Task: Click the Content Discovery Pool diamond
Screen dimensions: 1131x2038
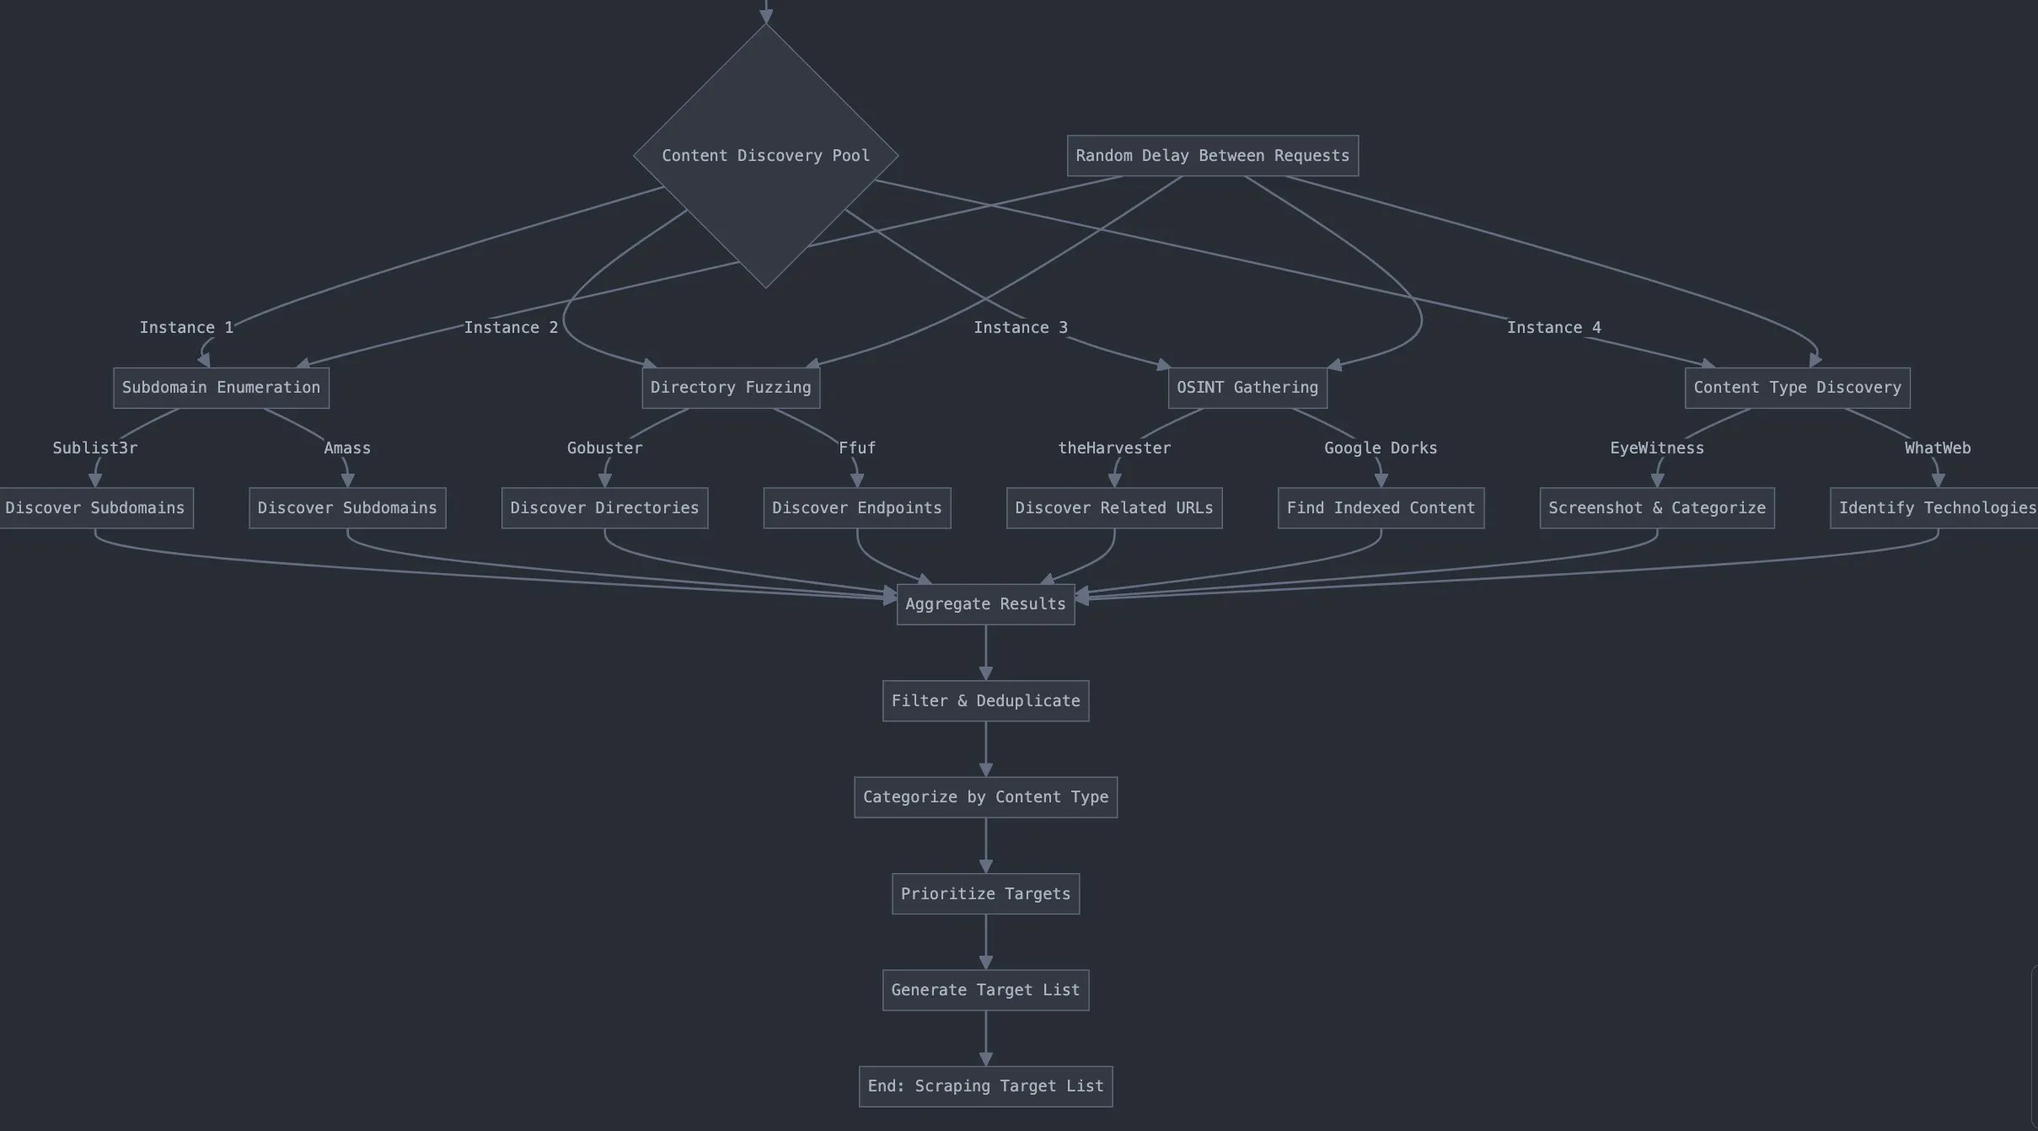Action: coord(765,156)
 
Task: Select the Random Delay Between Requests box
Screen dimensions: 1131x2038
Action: coord(1212,156)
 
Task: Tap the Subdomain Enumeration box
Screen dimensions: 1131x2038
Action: coord(221,388)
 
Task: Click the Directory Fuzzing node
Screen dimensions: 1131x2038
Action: coord(731,388)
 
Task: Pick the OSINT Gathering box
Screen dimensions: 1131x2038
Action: coord(1247,388)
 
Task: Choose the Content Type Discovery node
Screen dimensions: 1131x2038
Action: coord(1797,388)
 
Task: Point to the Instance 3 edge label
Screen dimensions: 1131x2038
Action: coord(1020,328)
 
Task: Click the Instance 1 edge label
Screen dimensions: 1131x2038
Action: coord(186,328)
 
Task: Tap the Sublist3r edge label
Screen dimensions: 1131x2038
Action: coord(95,448)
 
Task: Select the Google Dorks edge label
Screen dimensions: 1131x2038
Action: coord(1381,448)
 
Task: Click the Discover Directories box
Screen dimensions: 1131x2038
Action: coord(604,508)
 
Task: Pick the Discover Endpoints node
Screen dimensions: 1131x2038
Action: coord(857,508)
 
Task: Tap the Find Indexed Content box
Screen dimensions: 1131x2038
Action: coord(1381,508)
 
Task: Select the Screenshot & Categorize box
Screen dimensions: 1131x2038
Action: coord(1657,508)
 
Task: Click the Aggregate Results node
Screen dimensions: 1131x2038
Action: coord(985,604)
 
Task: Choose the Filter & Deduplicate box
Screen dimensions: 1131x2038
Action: coord(985,701)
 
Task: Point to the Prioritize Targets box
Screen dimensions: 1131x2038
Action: coord(985,894)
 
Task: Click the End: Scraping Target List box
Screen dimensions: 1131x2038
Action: coord(985,1086)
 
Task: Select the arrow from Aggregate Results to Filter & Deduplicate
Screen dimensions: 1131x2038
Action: coord(985,652)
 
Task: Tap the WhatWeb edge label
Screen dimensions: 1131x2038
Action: coord(1938,448)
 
